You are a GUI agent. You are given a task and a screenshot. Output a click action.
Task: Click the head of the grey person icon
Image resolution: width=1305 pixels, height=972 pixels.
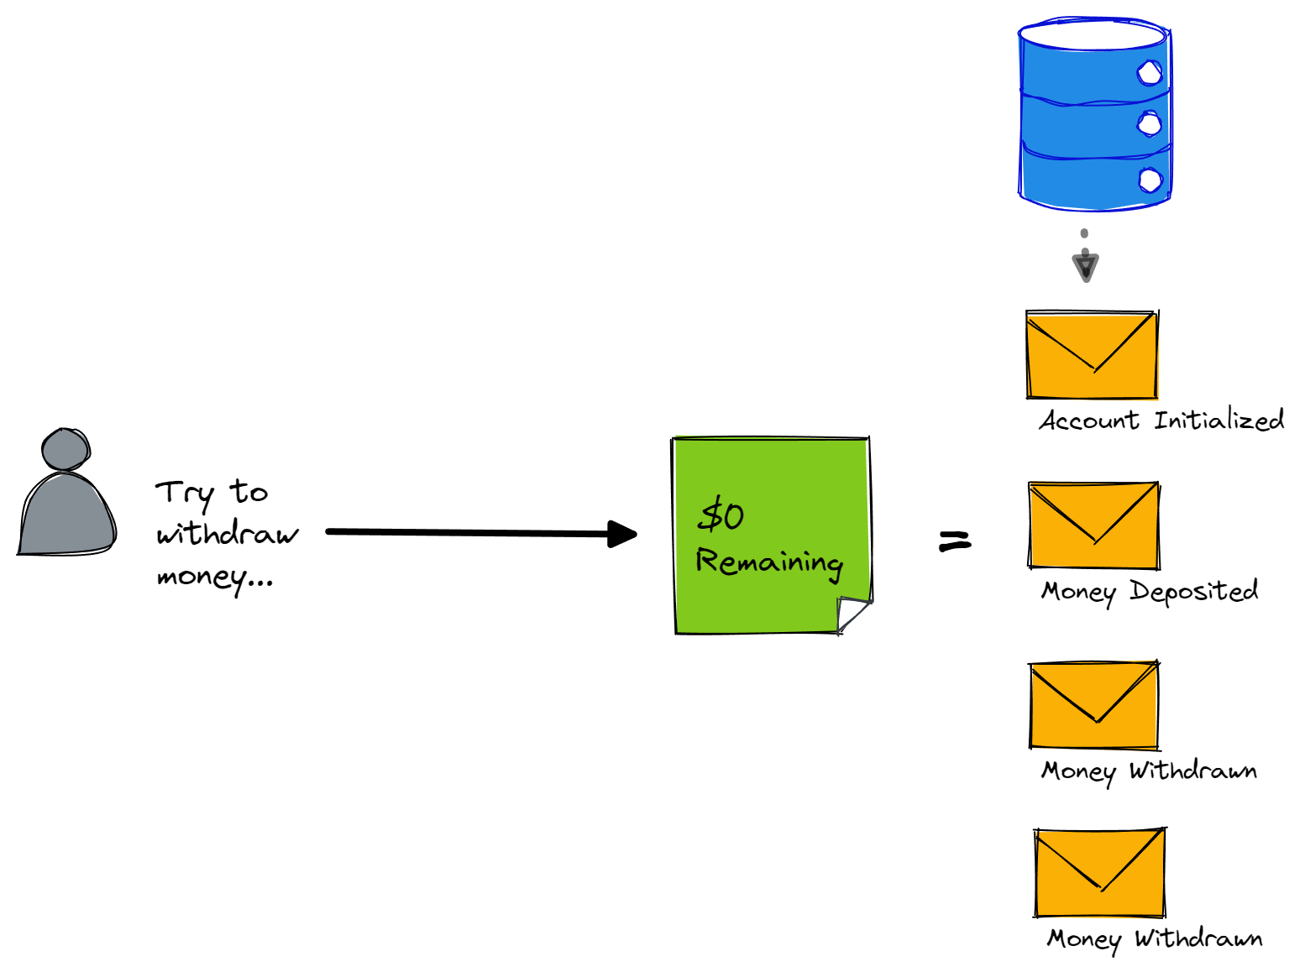66,449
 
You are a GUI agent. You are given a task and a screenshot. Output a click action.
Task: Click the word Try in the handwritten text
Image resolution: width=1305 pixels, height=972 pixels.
183,494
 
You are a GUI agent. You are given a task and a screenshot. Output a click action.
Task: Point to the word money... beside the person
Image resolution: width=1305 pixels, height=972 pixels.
215,577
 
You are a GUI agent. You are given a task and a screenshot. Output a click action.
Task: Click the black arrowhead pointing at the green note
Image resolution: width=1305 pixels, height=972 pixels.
621,534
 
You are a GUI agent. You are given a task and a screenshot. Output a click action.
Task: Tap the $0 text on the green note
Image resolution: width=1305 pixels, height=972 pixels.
721,515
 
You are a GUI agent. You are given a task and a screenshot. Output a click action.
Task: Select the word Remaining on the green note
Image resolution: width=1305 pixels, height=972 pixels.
769,562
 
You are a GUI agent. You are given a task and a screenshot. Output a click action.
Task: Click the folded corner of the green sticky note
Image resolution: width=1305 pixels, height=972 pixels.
852,614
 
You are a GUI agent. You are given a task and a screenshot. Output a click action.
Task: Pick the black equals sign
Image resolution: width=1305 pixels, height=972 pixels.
955,541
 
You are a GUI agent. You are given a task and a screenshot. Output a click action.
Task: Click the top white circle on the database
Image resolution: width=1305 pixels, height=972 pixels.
1150,73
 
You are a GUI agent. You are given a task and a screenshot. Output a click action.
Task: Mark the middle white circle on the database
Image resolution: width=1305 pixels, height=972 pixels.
1149,124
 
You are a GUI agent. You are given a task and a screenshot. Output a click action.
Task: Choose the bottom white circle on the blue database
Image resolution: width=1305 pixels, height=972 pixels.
1150,180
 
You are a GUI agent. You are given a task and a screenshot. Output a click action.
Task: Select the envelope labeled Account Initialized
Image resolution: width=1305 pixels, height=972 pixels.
1092,354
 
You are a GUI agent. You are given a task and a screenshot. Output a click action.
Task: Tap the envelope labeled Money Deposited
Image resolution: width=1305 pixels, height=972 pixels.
1093,525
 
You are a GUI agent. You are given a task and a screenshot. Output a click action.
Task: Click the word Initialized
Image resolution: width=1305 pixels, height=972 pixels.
1219,419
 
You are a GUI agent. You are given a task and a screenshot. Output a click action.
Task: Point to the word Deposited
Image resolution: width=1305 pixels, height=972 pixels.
1193,591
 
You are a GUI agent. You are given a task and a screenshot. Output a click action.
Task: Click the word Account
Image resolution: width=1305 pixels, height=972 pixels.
1089,420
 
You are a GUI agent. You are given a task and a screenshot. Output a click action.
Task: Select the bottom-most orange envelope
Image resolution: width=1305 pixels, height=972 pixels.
1099,873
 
